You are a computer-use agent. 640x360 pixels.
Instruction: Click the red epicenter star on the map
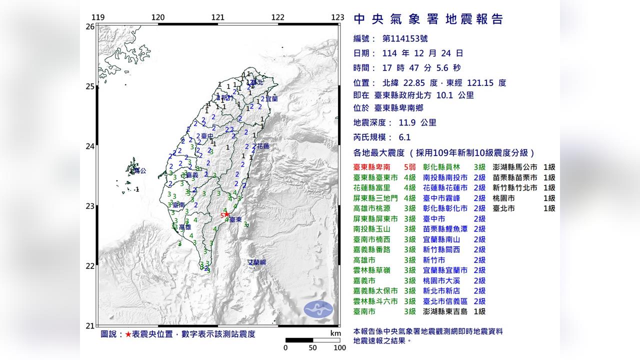point(227,214)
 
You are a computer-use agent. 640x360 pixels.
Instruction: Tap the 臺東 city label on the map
point(236,219)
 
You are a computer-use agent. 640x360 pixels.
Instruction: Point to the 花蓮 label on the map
point(263,146)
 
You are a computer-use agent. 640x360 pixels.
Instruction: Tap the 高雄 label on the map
point(185,227)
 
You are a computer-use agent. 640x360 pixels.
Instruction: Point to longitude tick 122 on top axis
point(277,17)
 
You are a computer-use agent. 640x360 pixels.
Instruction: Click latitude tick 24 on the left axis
point(90,146)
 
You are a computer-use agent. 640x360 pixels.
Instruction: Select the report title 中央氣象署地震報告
point(428,19)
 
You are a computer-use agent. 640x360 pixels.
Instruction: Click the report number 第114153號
point(405,38)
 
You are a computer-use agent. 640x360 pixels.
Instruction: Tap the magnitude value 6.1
point(404,137)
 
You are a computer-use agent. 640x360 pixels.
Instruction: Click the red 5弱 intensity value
point(409,167)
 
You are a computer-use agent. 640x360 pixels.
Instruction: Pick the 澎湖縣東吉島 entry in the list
point(447,311)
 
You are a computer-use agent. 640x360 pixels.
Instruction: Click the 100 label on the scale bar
point(339,347)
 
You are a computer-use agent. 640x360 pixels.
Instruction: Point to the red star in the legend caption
point(128,334)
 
